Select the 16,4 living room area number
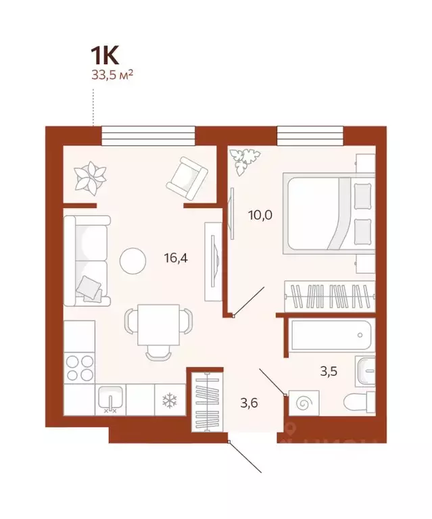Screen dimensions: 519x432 click(x=176, y=257)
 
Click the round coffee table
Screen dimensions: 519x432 click(x=133, y=259)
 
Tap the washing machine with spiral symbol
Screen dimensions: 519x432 click(x=304, y=403)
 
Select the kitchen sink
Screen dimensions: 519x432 click(x=110, y=399)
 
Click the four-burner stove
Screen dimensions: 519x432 click(x=79, y=368)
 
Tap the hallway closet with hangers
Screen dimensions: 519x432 click(x=204, y=399)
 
